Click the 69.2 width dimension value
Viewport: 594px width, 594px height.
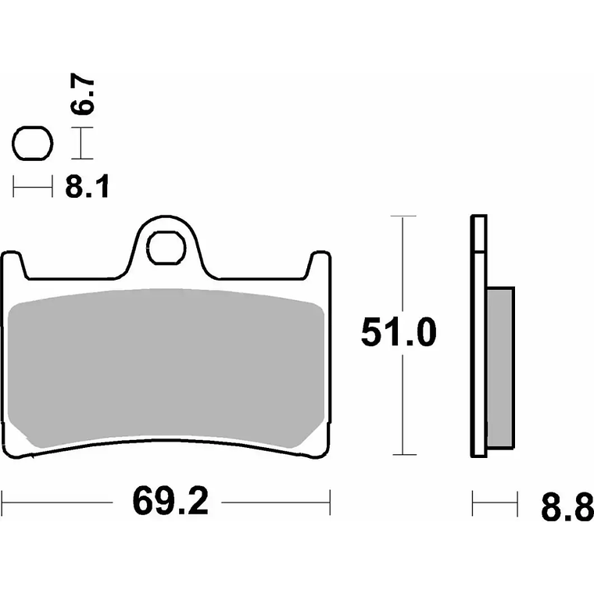(170, 501)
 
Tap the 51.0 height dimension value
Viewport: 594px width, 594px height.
(398, 334)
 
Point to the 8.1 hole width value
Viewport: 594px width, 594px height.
(86, 187)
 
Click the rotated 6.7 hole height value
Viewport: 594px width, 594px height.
(84, 96)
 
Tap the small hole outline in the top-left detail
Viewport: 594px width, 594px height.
(32, 145)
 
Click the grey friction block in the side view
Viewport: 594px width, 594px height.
(500, 367)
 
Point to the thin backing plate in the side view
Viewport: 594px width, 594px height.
(478, 336)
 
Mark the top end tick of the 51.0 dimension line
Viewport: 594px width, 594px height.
(402, 216)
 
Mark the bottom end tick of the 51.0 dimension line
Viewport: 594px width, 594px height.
(402, 455)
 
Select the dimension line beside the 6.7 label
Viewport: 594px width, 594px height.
(82, 145)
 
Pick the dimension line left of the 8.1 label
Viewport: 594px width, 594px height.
(32, 187)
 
